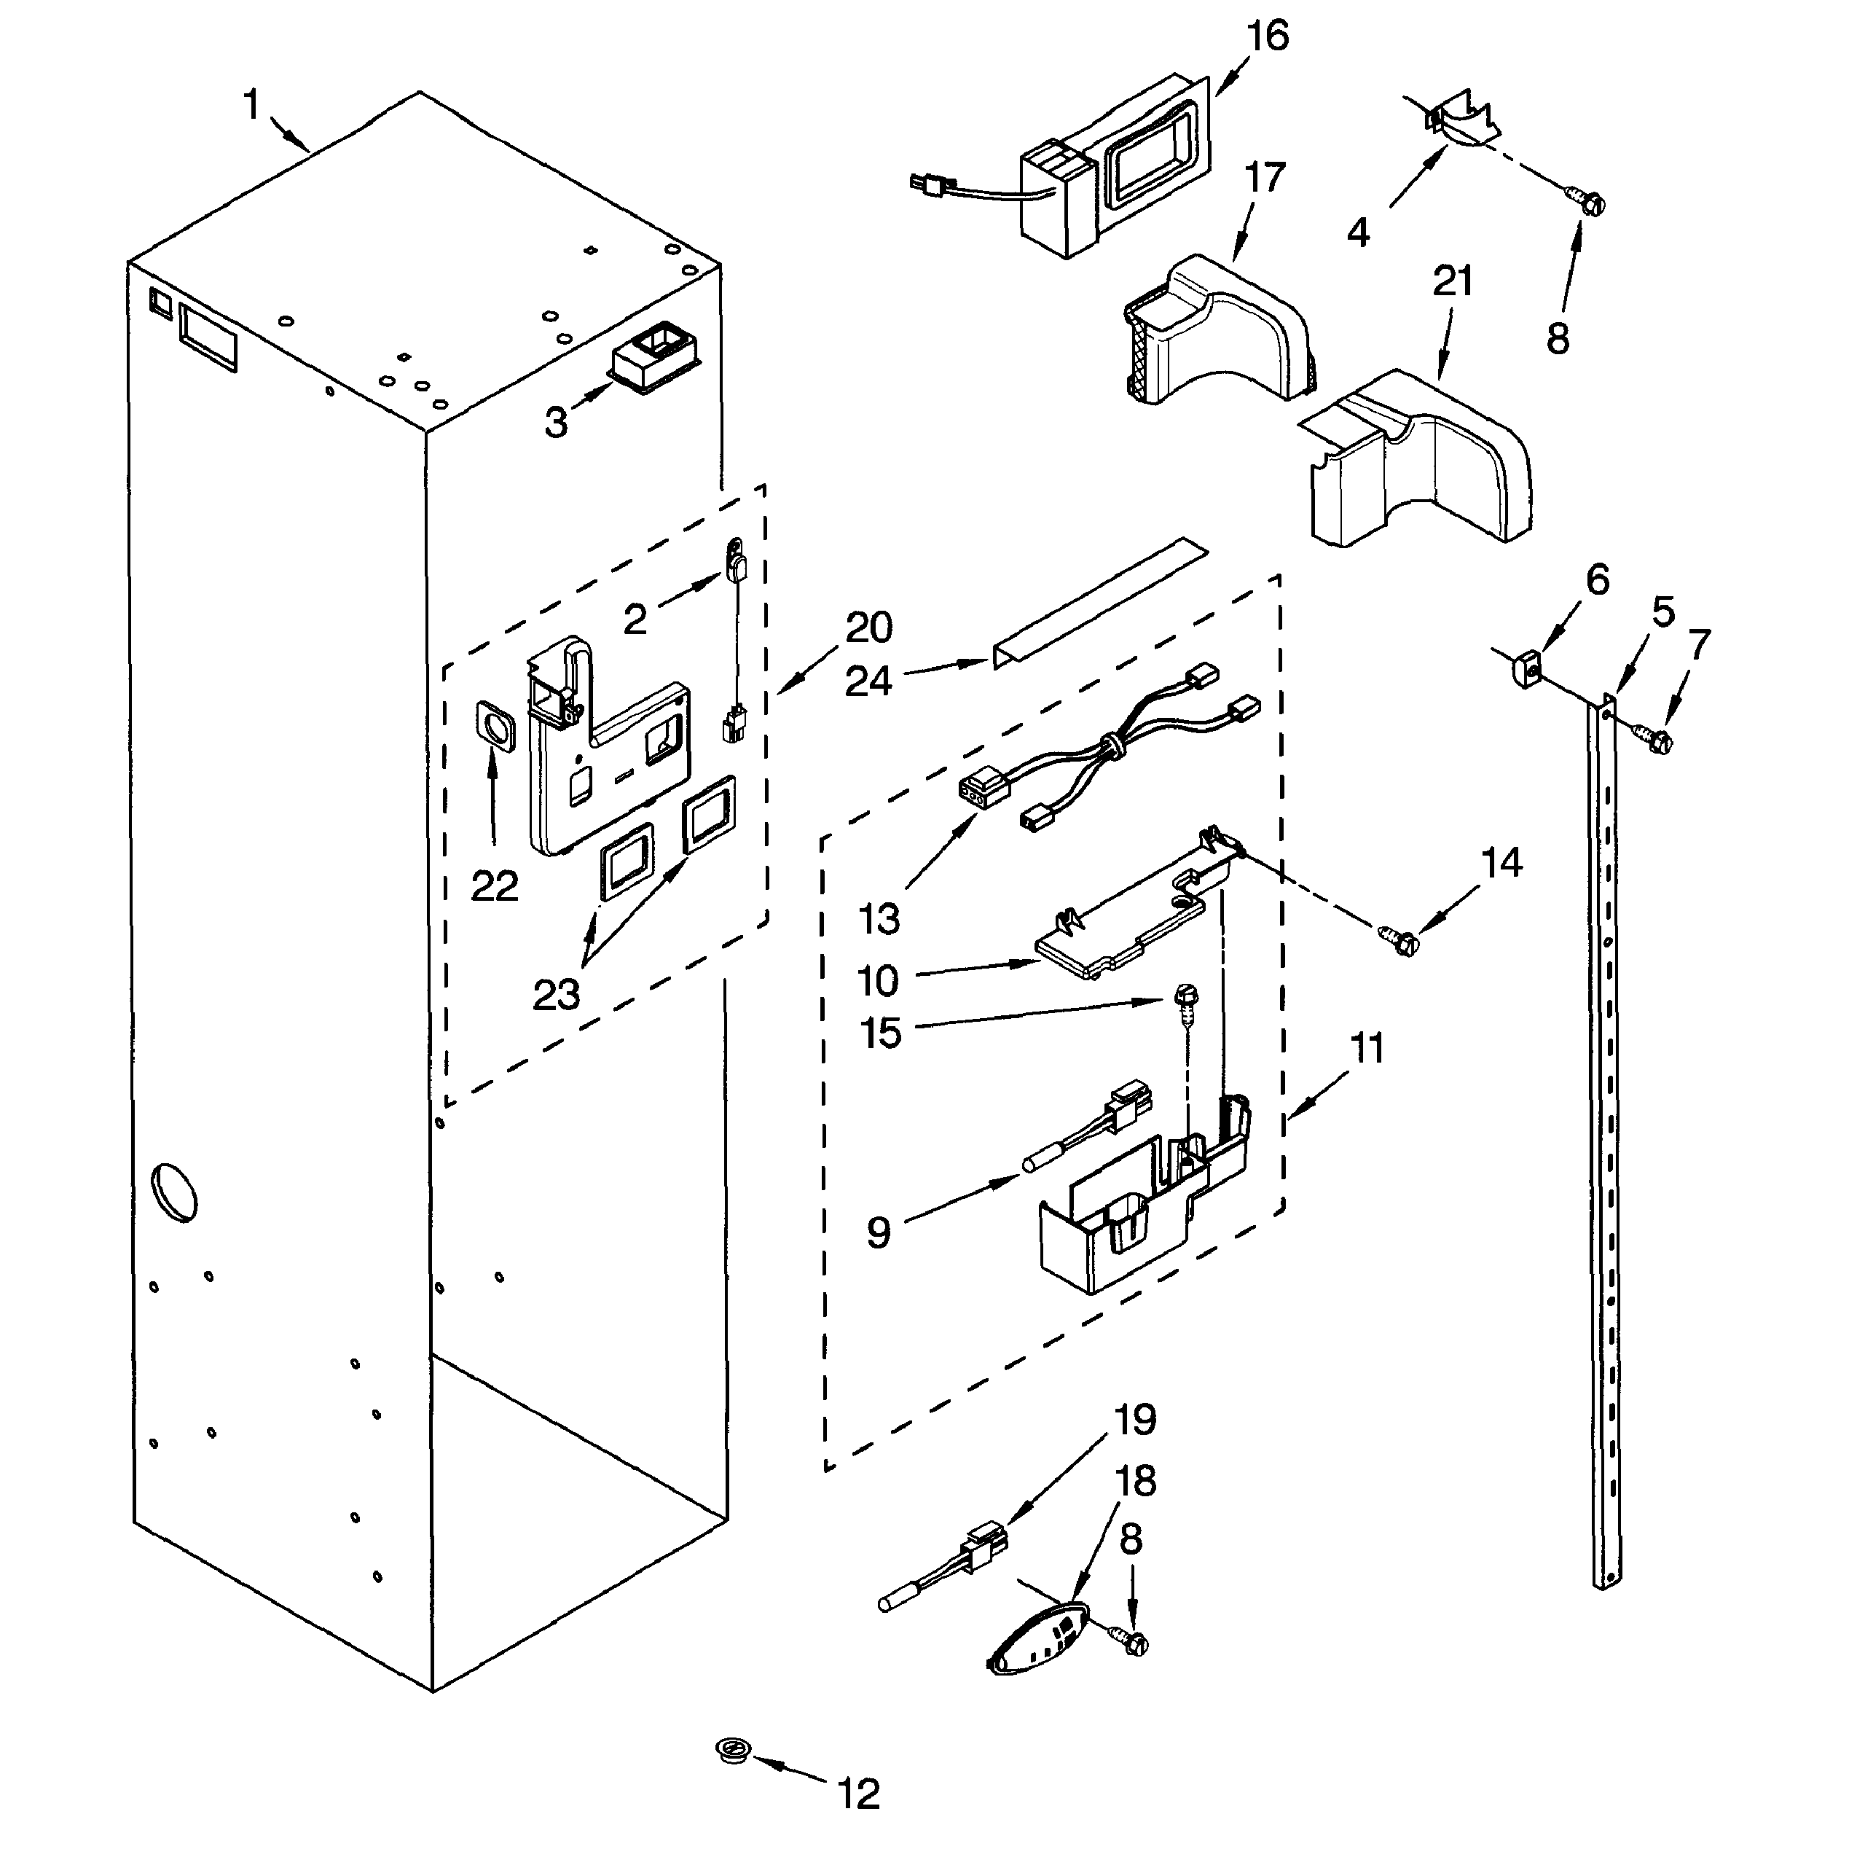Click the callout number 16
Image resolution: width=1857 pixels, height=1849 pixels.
tap(1266, 36)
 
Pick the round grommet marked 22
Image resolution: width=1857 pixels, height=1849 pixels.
tap(496, 725)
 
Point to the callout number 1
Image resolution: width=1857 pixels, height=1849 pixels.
tap(252, 103)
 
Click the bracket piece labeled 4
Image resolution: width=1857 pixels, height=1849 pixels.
tap(1461, 121)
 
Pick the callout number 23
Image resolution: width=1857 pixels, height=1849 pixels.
tap(556, 994)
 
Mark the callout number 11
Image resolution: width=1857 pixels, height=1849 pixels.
tap(1367, 1048)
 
